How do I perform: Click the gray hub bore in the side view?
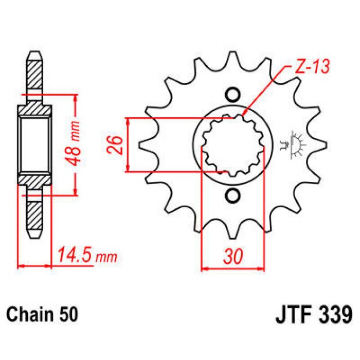[x=34, y=145]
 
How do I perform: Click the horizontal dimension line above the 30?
[x=232, y=268]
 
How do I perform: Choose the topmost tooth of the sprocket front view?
[x=232, y=57]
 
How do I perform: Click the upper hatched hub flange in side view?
[x=34, y=110]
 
